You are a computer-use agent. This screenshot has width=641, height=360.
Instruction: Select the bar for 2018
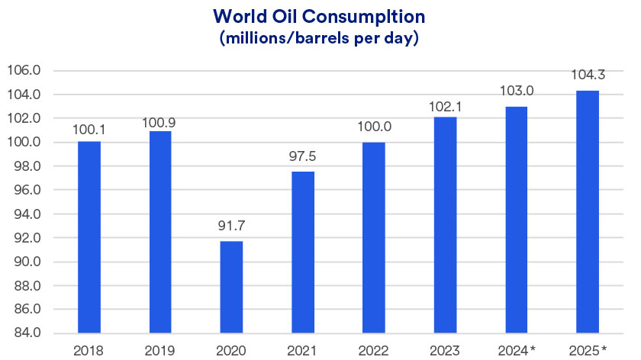pos(89,236)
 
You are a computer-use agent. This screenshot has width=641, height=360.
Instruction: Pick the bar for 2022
pos(374,237)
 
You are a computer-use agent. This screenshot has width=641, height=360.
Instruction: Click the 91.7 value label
pos(232,226)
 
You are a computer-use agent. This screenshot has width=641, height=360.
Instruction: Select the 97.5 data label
pos(303,156)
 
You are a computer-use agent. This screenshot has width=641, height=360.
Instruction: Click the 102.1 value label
pos(446,101)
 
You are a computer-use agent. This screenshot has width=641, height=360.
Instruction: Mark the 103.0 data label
pos(517,91)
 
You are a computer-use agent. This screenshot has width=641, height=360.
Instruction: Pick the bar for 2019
pos(160,232)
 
